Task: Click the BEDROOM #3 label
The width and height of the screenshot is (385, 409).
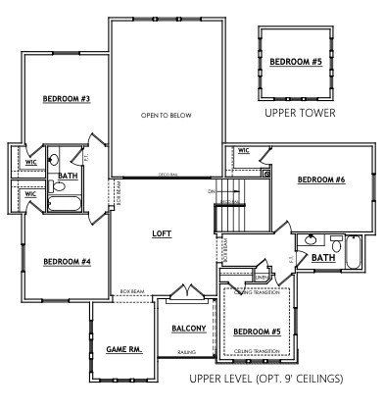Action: coord(67,98)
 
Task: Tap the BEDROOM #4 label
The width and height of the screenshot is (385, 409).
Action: coord(67,261)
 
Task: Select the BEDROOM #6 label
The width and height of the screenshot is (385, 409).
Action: coord(320,179)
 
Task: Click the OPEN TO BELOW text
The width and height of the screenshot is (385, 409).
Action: coord(165,115)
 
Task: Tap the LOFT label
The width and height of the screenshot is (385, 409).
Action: coord(162,234)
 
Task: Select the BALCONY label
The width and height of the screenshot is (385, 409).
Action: coord(187,328)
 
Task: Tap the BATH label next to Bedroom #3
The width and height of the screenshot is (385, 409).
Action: coord(68,177)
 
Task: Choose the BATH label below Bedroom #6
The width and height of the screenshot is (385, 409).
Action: coord(322,258)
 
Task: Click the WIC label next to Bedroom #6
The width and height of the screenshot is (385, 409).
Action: coord(243,151)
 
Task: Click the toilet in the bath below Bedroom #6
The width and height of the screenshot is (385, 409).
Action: coord(334,242)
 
